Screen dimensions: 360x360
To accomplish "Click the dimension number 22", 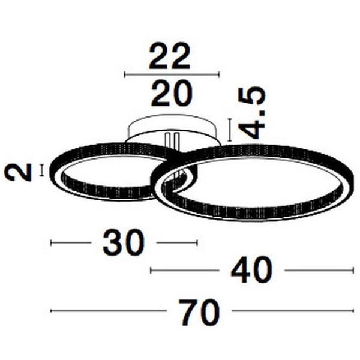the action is point(169,56).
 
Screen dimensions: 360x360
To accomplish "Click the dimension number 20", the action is point(172,93).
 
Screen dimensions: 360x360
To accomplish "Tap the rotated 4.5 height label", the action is point(251,113).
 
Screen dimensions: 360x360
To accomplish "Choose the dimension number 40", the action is point(251,270).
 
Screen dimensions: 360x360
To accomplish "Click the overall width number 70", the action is point(199,312).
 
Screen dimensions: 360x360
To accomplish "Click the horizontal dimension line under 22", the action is point(172,74).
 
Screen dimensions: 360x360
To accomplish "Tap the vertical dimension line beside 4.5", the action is point(229,130).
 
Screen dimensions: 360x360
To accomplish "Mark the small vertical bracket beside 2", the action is point(42,170).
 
